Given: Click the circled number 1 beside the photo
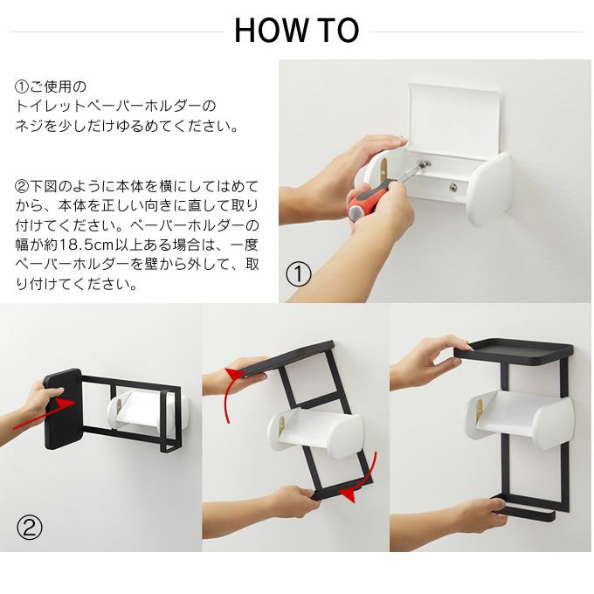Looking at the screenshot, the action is click(298, 274).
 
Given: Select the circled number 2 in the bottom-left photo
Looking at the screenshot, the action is click(30, 528).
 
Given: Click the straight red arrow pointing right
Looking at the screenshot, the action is click(45, 415).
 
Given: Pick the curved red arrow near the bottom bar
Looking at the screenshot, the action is click(362, 478).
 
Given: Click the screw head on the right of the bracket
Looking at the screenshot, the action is click(453, 187).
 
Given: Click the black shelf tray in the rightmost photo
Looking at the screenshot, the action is click(514, 352).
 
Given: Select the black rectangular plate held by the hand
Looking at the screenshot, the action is click(63, 409).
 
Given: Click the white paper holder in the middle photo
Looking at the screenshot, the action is click(314, 432).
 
